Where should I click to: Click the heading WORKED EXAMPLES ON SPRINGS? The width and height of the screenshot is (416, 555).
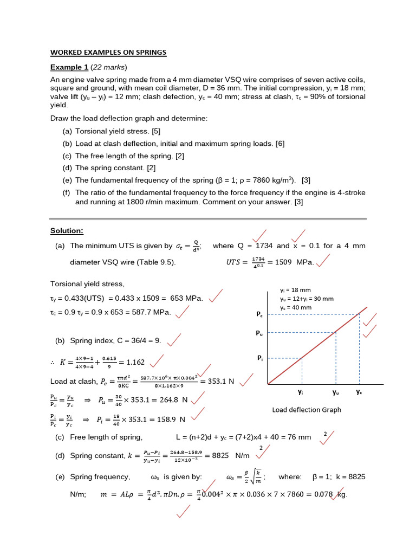click(108, 53)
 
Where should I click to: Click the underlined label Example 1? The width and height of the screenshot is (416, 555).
click(69, 67)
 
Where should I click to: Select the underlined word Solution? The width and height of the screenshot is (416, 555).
click(67, 231)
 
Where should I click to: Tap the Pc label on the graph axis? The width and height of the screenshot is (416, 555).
click(259, 314)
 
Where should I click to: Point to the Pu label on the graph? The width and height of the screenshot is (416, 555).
click(259, 333)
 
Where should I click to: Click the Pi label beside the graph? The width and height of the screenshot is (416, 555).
click(259, 358)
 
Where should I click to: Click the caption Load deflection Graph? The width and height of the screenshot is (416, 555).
click(306, 410)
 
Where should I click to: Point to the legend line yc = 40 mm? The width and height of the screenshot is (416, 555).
click(296, 307)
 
